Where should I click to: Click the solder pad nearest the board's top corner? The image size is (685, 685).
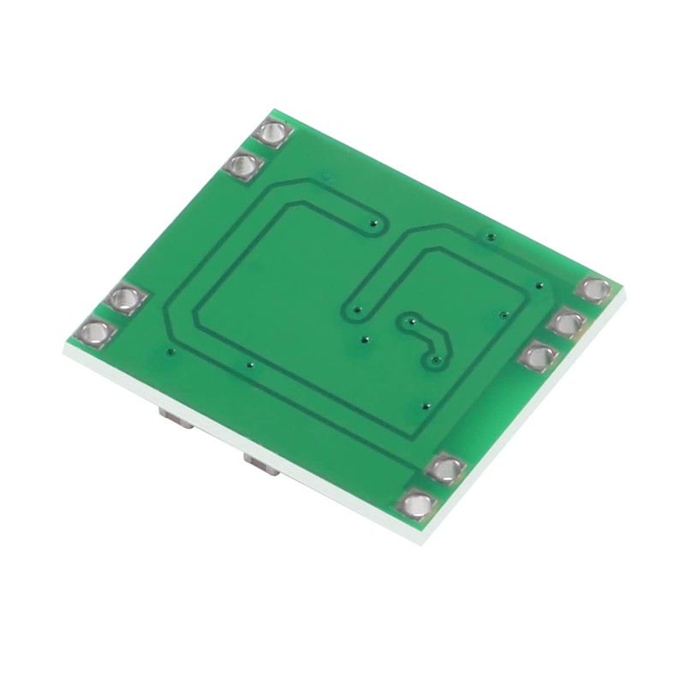(x=273, y=134)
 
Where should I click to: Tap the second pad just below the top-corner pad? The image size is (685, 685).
(x=243, y=165)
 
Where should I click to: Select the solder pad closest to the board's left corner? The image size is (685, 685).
(x=96, y=331)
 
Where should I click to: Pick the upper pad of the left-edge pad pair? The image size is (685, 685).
(x=127, y=299)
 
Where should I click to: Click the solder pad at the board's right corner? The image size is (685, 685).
(x=593, y=289)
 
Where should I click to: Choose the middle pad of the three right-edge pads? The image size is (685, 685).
(x=565, y=323)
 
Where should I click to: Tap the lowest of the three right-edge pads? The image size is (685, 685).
(x=538, y=355)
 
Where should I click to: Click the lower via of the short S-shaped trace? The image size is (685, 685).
(x=436, y=360)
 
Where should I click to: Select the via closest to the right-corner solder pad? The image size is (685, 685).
(x=538, y=286)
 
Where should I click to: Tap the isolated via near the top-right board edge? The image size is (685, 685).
(x=490, y=235)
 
